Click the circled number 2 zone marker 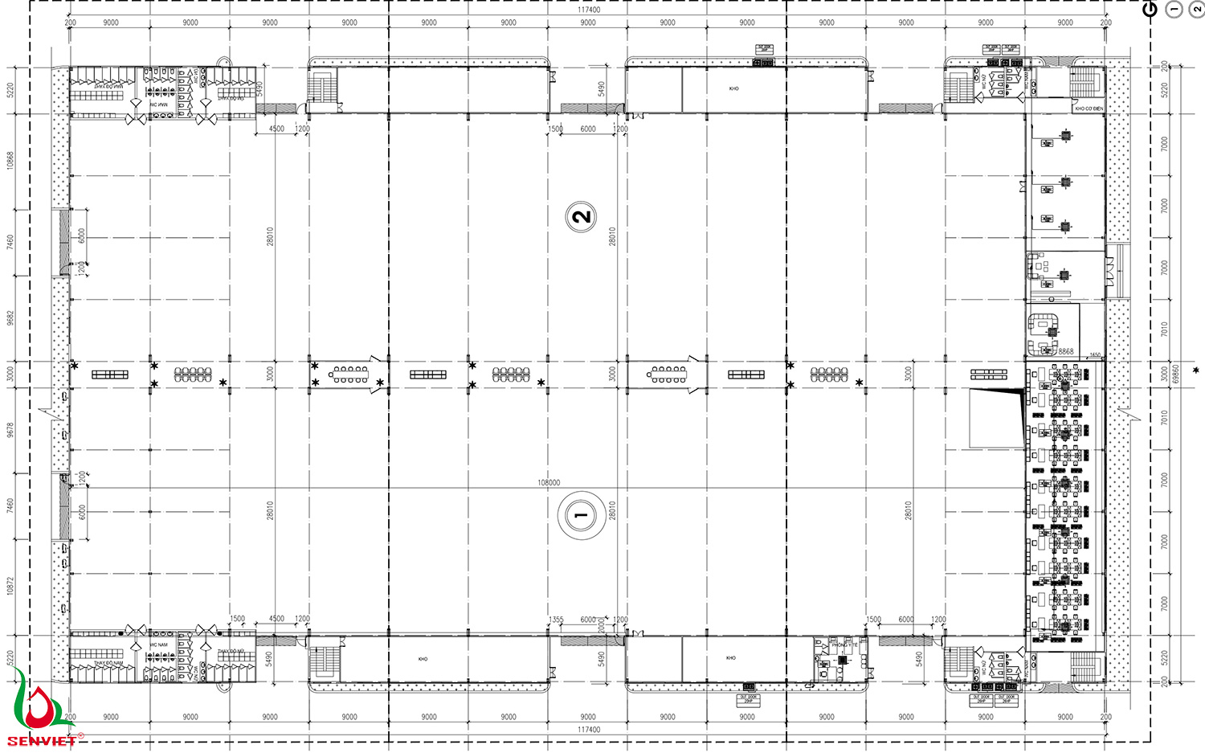pyautogui.click(x=581, y=216)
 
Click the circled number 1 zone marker pyautogui.click(x=581, y=516)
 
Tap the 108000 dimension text pyautogui.click(x=549, y=483)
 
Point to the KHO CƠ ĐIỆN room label pyautogui.click(x=1089, y=108)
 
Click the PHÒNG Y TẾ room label pyautogui.click(x=844, y=645)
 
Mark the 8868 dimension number pyautogui.click(x=1065, y=351)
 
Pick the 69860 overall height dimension pyautogui.click(x=1176, y=374)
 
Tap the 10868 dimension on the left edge pyautogui.click(x=10, y=160)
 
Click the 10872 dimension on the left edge pyautogui.click(x=10, y=586)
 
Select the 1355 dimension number pyautogui.click(x=556, y=620)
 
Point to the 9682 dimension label pyautogui.click(x=10, y=318)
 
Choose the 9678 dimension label pyautogui.click(x=10, y=430)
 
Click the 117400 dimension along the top pyautogui.click(x=589, y=10)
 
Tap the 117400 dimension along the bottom pyautogui.click(x=589, y=730)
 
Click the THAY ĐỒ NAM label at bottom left pyautogui.click(x=108, y=663)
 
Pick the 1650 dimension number pyautogui.click(x=1095, y=354)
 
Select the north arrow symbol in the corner pyautogui.click(x=1150, y=10)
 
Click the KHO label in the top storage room pyautogui.click(x=733, y=88)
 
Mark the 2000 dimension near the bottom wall pyautogui.click(x=602, y=625)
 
